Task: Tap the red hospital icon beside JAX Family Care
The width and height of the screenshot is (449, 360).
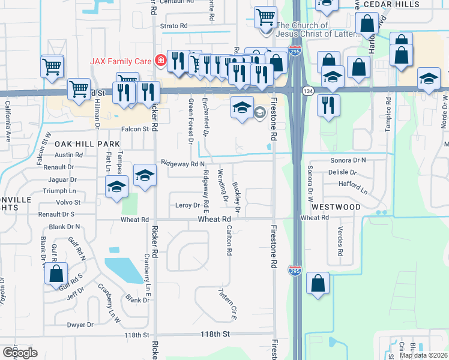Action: [x=160, y=60]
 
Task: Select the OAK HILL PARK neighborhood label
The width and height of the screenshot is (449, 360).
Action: [x=87, y=145]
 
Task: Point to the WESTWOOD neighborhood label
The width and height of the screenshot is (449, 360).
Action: [x=336, y=207]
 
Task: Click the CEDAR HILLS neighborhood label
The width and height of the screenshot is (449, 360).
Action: [x=417, y=4]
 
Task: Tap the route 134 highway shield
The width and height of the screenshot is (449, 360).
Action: [x=308, y=91]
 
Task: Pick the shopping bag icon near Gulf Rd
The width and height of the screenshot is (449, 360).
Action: [x=56, y=274]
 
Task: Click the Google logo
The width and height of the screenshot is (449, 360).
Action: [x=20, y=352]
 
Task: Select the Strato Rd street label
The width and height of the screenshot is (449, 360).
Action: [x=173, y=26]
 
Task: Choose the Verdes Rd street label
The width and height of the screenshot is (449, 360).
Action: [x=339, y=240]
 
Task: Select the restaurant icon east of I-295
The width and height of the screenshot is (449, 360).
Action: [x=328, y=105]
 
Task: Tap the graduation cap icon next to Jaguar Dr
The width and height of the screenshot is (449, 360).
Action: [x=116, y=187]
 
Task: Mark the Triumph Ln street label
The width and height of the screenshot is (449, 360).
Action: [x=59, y=190]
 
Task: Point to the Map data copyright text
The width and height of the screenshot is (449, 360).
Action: [x=423, y=355]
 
